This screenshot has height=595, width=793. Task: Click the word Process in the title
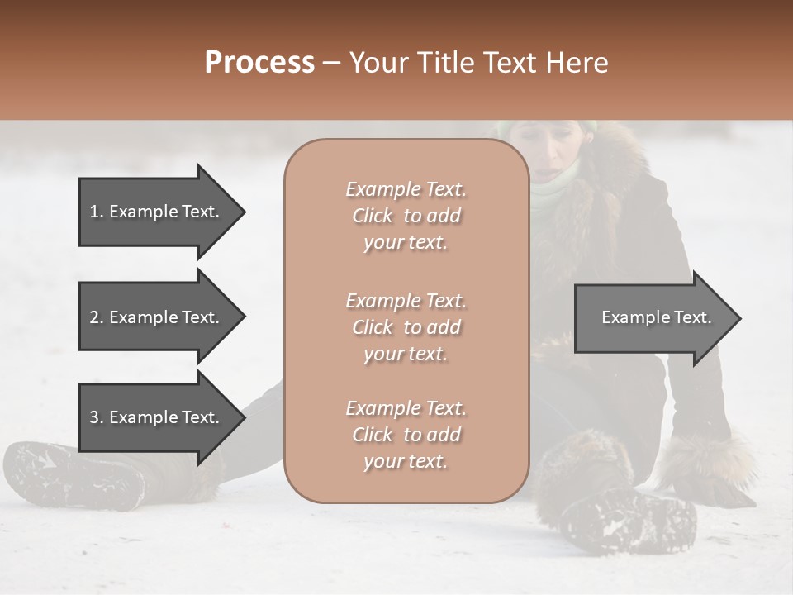click(x=259, y=63)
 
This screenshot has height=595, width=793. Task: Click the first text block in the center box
click(x=406, y=216)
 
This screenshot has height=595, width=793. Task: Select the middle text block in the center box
click(x=406, y=327)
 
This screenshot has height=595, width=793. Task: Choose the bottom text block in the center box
click(x=406, y=435)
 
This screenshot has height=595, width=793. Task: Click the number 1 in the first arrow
click(x=94, y=212)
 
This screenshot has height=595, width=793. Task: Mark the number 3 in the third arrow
click(x=94, y=417)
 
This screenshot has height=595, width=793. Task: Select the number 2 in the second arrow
click(x=94, y=317)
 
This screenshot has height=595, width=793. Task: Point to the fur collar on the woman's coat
click(x=611, y=165)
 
